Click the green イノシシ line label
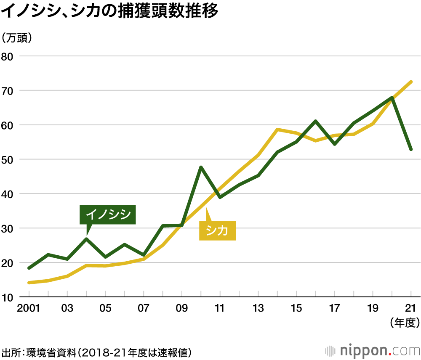[x=108, y=214]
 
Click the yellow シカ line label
[x=217, y=230]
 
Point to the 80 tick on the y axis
[x=8, y=56]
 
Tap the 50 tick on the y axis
[x=8, y=160]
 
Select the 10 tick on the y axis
[x=8, y=298]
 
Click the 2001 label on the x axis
[x=28, y=308]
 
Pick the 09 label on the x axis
[x=181, y=308]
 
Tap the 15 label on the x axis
[x=296, y=308]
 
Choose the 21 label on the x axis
[x=411, y=308]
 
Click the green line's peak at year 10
[x=201, y=167]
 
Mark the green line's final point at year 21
[x=411, y=149]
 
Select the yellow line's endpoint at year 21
[x=411, y=82]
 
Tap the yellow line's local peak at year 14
[x=277, y=130]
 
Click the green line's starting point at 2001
[x=29, y=268]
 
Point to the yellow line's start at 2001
[x=29, y=283]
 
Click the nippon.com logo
[x=373, y=350]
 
